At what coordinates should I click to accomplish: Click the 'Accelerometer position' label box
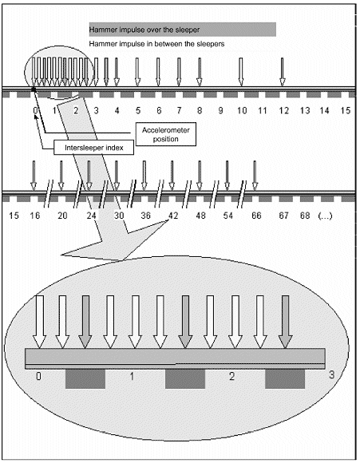coord(166,134)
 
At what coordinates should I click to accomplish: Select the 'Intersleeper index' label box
coord(94,148)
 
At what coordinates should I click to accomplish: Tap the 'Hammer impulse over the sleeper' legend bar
coord(183,30)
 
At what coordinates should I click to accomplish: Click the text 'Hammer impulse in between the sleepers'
coord(156,44)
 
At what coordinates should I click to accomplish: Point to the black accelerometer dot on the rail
coord(34,89)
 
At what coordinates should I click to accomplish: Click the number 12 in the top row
coord(284,111)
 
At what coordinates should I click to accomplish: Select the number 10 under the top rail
coord(242,111)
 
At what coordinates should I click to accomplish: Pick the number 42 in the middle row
coord(173,216)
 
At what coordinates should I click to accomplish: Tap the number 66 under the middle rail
coord(256,216)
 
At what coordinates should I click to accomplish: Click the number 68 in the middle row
coord(305,216)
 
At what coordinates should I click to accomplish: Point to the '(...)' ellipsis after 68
coord(325,216)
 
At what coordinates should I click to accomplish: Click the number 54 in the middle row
coord(227,216)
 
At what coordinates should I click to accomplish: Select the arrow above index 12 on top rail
coord(283,72)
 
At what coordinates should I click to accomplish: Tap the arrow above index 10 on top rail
coord(241,72)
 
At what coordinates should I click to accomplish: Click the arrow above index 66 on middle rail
coord(255,176)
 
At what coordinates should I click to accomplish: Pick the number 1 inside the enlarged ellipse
coord(132,376)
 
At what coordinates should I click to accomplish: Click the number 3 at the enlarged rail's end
coord(331,374)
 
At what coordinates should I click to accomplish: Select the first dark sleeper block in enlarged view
coord(85,379)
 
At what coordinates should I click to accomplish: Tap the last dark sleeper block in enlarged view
coord(285,379)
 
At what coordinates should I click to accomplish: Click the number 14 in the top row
coord(324,111)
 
